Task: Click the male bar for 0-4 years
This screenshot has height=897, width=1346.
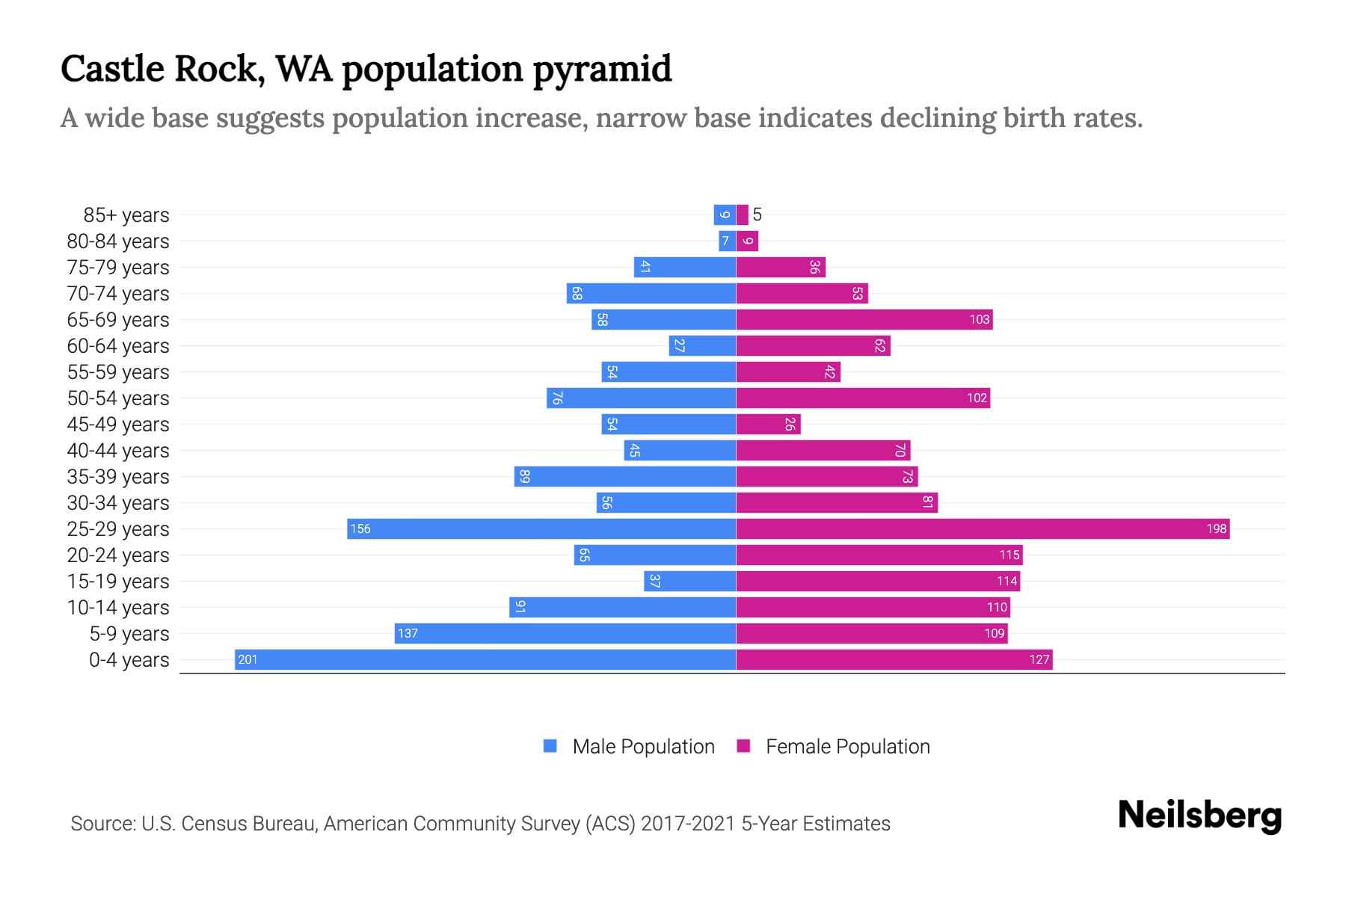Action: (486, 659)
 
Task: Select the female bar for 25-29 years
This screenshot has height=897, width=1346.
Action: (983, 528)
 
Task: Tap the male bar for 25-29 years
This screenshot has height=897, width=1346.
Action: (541, 528)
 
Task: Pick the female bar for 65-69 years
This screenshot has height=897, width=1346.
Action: (864, 319)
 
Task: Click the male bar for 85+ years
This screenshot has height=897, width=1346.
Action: (725, 215)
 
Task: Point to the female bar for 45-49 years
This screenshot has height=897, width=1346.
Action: (768, 424)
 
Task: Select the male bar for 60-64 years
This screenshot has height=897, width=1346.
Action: (702, 345)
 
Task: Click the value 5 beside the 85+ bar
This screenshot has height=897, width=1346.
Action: (757, 215)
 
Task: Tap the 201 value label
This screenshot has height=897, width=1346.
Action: (248, 659)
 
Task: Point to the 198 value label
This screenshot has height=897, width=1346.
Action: (1216, 528)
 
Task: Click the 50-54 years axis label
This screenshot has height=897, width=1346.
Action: (118, 398)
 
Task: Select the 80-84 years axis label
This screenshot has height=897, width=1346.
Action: (118, 241)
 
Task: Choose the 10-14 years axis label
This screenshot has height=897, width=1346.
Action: (118, 607)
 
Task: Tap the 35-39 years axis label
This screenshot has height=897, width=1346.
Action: (118, 476)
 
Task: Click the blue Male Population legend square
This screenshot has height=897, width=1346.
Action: (550, 746)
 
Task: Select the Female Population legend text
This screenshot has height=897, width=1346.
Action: (847, 746)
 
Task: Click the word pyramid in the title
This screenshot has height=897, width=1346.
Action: (602, 69)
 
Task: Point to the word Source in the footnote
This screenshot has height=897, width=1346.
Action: (102, 823)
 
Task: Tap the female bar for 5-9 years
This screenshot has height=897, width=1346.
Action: (872, 633)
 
